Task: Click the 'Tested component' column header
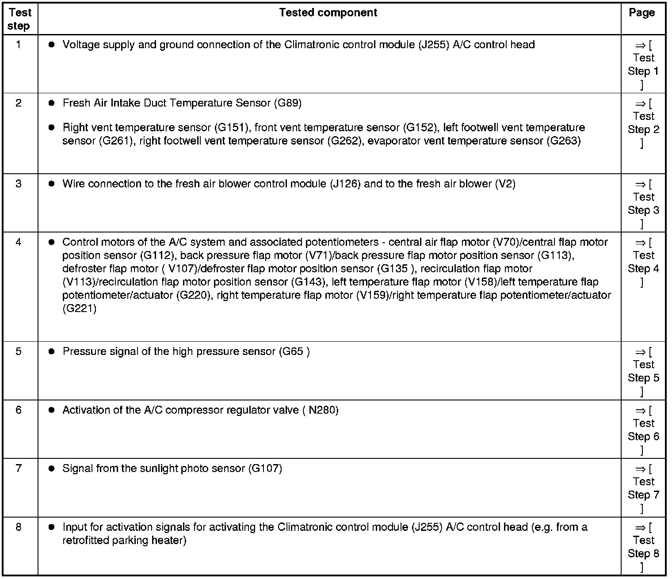(328, 13)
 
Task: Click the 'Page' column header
(641, 13)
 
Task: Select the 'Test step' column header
(19, 19)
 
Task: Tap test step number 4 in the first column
(18, 242)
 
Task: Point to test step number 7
(18, 468)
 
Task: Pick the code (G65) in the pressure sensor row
(294, 352)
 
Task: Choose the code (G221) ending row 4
(80, 309)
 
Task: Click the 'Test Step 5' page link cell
(643, 371)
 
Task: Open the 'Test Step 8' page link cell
(643, 547)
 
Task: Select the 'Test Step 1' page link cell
(643, 65)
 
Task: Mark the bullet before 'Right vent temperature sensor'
(51, 128)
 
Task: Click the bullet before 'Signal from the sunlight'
(51, 469)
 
